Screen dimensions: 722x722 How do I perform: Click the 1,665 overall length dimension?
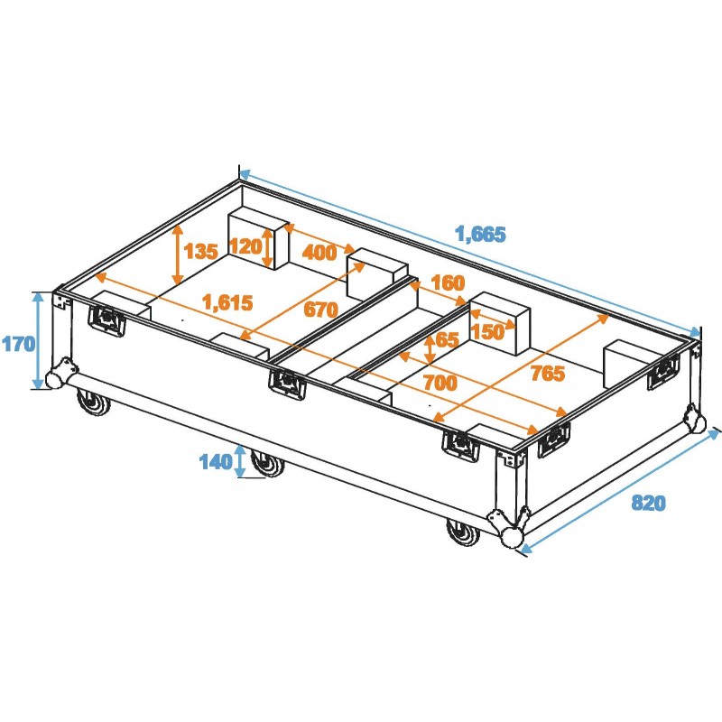point(480,234)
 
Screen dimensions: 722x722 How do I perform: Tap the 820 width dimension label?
point(648,503)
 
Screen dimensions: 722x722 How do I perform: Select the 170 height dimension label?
point(17,342)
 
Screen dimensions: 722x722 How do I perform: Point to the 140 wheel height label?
point(215,462)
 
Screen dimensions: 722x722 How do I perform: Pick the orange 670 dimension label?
point(319,310)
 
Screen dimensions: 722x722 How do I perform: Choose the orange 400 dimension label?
point(319,253)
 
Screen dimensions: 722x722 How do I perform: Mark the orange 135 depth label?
point(200,250)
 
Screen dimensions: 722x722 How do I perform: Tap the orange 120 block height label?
point(245,246)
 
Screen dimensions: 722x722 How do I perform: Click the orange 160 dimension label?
point(448,282)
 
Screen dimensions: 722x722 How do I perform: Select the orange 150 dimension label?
point(487,331)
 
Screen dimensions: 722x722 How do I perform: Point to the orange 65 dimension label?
point(446,340)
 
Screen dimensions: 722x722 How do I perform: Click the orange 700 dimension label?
point(440,383)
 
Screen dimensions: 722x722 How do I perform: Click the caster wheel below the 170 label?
point(94,404)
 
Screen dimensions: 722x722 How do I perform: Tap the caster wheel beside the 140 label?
point(266,465)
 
